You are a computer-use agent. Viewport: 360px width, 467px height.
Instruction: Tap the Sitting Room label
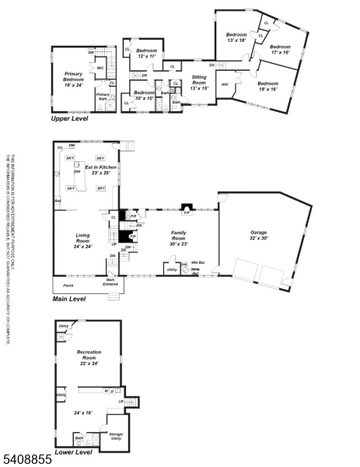(x=200, y=80)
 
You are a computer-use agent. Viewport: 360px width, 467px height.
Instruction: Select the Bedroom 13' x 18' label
(x=236, y=37)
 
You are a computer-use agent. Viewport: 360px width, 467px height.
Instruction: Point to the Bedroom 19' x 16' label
(x=267, y=86)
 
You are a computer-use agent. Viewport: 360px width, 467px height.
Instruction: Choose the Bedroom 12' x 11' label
(x=147, y=54)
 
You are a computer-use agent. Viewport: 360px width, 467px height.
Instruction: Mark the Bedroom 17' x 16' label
(x=280, y=50)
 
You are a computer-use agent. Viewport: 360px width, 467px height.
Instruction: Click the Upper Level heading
(x=69, y=118)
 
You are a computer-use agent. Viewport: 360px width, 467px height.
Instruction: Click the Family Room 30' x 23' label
(x=180, y=241)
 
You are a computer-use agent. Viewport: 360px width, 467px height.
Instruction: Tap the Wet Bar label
(x=197, y=263)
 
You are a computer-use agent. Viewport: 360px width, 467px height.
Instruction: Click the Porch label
(x=68, y=286)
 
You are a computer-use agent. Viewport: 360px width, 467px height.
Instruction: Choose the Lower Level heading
(x=73, y=452)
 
